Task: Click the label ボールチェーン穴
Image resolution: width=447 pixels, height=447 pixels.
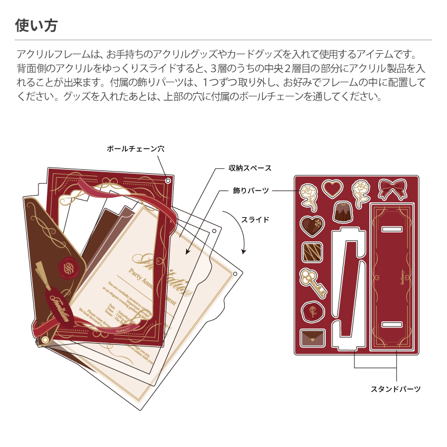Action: (135, 149)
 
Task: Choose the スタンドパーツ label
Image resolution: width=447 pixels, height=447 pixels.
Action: (396, 389)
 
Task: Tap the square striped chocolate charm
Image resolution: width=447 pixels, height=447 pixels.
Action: (312, 253)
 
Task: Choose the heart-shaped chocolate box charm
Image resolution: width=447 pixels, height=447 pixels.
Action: (312, 225)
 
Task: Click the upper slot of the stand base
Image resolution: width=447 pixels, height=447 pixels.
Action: (392, 229)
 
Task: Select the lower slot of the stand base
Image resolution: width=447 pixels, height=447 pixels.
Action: (392, 324)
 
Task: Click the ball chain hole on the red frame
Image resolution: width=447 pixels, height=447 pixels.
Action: (168, 180)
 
